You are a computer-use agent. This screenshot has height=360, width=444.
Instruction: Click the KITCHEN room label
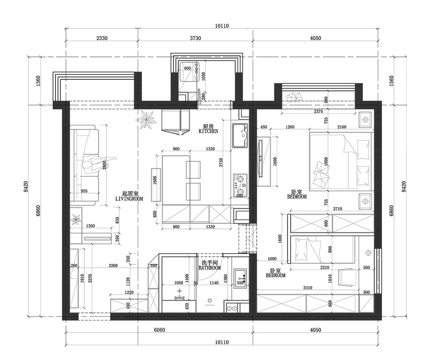pos(208,132)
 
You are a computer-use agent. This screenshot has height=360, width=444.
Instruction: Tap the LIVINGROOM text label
pos(129,199)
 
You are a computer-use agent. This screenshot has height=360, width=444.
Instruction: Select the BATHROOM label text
pos(210,268)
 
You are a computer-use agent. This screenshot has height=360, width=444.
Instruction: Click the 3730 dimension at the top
pos(195,38)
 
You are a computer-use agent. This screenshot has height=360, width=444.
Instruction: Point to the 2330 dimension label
pos(102,38)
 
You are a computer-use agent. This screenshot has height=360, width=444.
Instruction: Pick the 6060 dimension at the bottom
pos(160,330)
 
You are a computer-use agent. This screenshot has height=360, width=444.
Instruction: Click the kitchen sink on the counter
pos(240,136)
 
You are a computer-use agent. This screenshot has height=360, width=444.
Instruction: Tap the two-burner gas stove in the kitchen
pos(240,186)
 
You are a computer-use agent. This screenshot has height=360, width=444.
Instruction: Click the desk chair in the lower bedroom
pos(348,277)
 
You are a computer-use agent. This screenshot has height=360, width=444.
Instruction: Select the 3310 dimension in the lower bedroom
pos(308,288)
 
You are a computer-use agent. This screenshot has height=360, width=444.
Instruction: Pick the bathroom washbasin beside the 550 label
pos(240,278)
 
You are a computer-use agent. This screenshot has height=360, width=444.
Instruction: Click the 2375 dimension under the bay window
pos(318,111)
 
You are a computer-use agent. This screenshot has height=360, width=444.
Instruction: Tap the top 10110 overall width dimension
pos(222,26)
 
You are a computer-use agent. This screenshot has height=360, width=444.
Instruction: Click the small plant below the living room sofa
pos(76,219)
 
